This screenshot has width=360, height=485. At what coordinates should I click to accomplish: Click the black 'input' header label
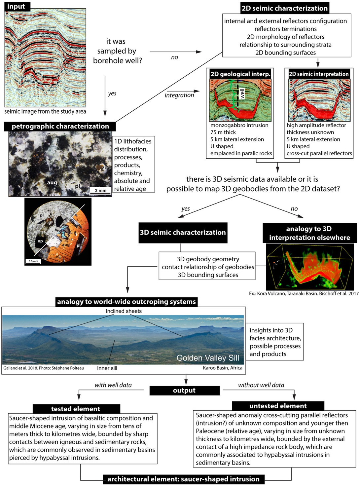click(16, 6)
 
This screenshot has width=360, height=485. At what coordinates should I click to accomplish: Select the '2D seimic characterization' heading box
click(284, 8)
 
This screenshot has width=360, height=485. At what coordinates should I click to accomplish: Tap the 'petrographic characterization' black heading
click(60, 126)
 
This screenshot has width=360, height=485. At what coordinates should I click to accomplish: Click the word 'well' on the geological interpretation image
click(242, 93)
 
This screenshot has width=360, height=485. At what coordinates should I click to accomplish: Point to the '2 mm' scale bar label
click(101, 190)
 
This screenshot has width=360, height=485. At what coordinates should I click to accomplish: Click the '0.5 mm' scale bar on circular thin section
click(33, 261)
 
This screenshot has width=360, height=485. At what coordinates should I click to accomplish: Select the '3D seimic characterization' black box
click(183, 232)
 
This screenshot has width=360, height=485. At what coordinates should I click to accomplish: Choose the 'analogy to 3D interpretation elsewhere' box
click(309, 233)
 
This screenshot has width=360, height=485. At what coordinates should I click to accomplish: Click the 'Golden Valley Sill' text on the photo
click(207, 358)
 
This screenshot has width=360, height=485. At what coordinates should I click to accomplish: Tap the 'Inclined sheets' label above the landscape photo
click(124, 311)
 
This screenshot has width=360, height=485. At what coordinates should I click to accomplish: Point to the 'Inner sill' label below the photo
click(107, 368)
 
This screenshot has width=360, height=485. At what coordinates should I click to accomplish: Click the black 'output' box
click(184, 391)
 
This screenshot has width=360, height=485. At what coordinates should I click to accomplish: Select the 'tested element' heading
click(76, 409)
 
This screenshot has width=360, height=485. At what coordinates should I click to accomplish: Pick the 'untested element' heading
click(278, 406)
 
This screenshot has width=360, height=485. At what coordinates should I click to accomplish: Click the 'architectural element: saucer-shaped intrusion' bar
click(183, 479)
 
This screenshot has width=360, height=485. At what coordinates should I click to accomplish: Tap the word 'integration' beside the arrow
click(179, 95)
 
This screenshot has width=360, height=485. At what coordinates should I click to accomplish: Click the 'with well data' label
click(113, 385)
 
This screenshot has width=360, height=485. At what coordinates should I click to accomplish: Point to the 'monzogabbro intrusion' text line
click(239, 125)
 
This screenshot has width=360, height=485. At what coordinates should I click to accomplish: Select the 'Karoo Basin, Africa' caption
click(222, 368)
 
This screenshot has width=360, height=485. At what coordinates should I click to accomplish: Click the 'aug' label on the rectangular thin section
click(52, 182)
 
